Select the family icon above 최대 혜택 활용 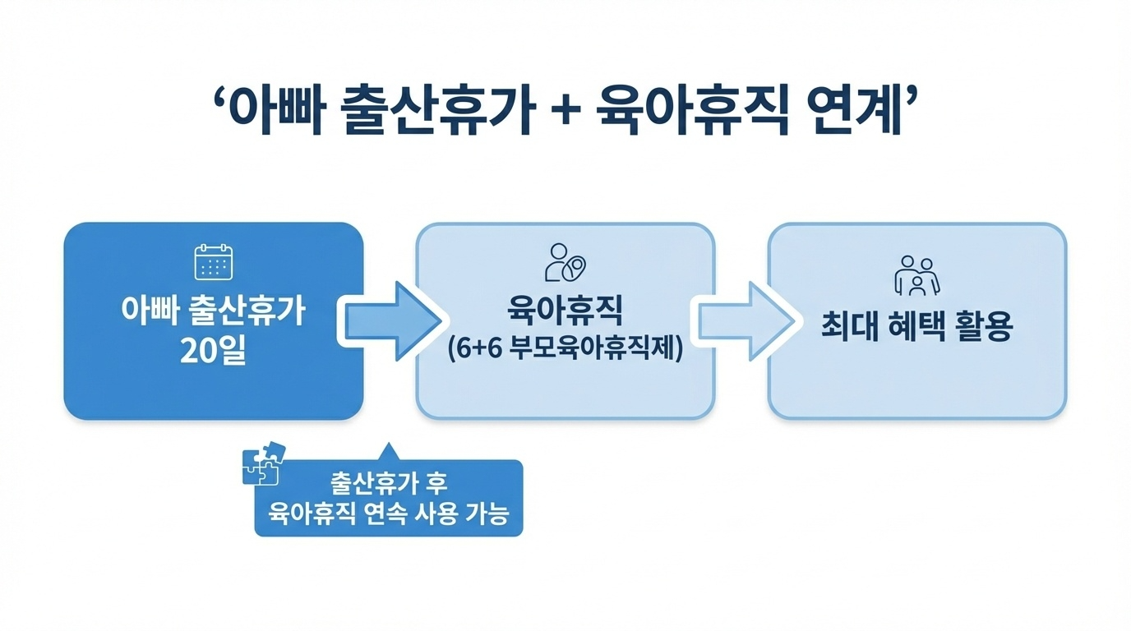tap(916, 274)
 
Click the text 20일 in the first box tap(213, 352)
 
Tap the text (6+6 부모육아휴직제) tap(565, 349)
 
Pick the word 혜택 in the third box tap(916, 327)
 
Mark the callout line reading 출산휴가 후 tap(388, 482)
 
